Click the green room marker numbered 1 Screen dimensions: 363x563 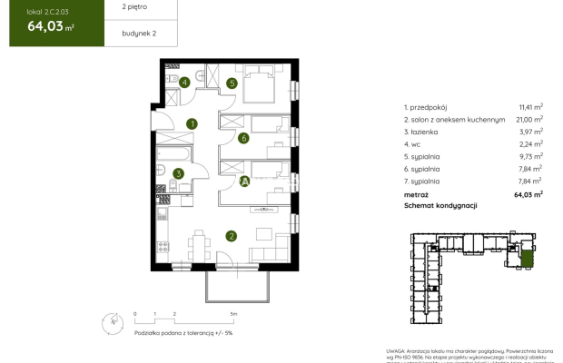pos(192,124)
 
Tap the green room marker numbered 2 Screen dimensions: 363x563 pos(232,237)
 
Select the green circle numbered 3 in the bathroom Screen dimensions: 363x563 pos(179,173)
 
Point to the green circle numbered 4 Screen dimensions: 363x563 pos(184,83)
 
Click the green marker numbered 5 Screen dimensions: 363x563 pos(232,83)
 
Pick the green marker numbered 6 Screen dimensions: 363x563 pos(243,139)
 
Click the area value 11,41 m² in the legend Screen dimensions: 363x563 pos(530,106)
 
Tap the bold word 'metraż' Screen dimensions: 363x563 pos(417,193)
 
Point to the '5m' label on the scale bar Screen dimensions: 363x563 pos(233,314)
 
